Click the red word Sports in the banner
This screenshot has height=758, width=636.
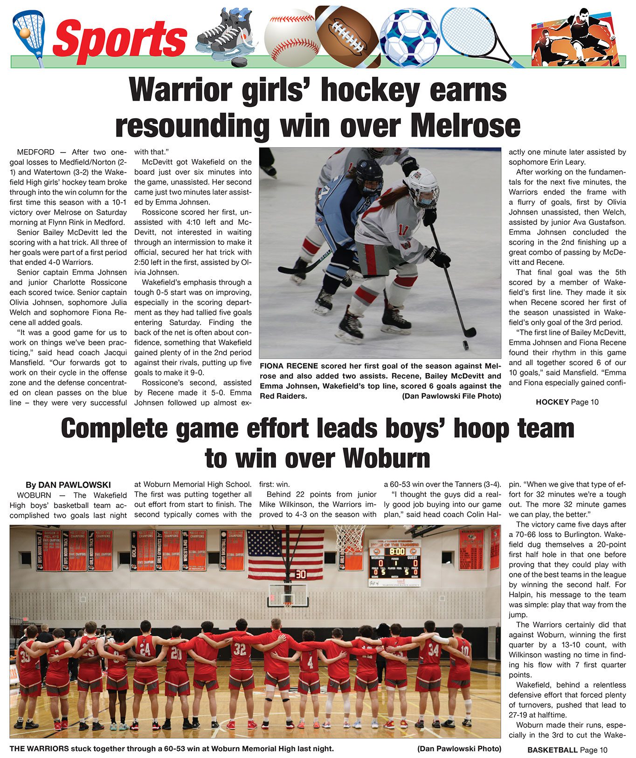click(x=120, y=38)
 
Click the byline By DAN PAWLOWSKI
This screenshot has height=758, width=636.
click(x=68, y=485)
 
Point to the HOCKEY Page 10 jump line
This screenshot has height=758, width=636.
click(x=567, y=402)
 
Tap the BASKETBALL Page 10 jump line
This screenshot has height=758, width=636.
click(x=567, y=750)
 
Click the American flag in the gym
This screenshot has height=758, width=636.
click(x=285, y=554)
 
